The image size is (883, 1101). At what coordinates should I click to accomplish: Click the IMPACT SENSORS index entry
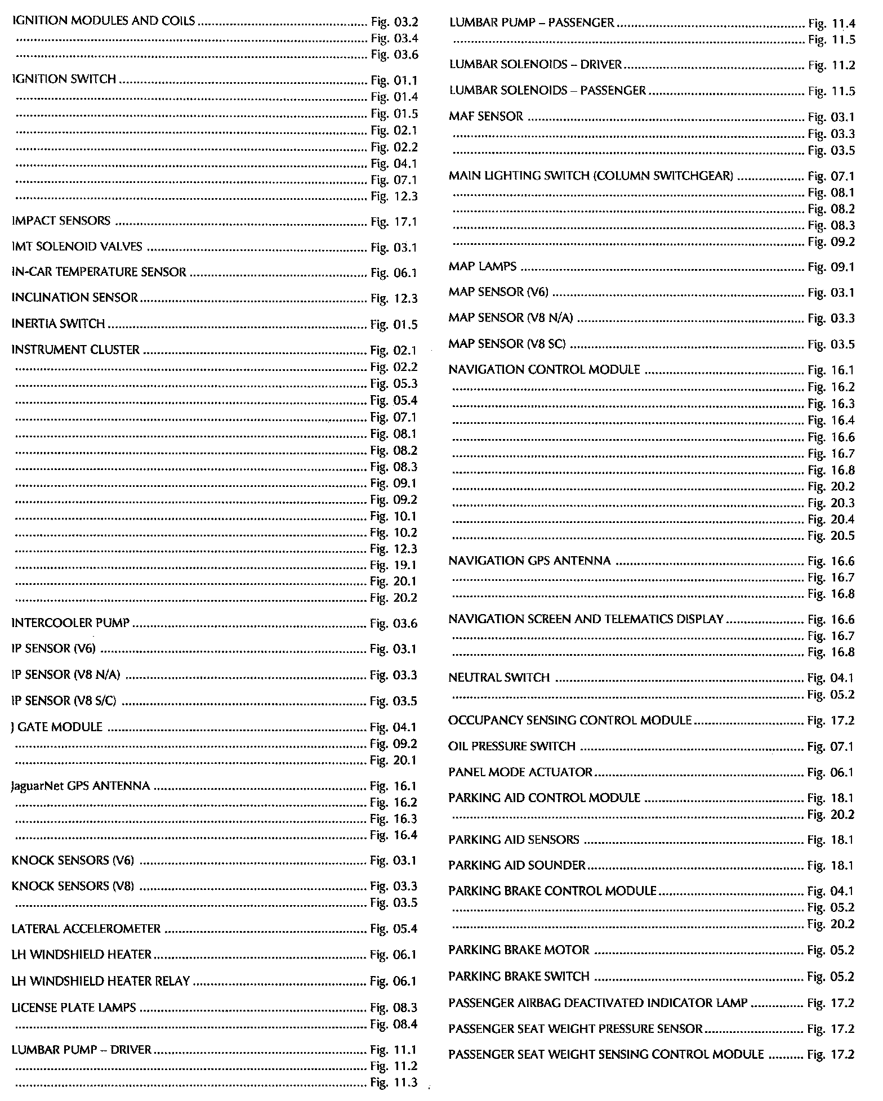(x=61, y=221)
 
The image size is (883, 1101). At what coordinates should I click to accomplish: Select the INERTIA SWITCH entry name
(x=58, y=324)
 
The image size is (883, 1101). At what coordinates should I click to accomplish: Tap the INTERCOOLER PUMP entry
(x=70, y=623)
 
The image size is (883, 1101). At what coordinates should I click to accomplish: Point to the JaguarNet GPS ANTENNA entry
(x=81, y=786)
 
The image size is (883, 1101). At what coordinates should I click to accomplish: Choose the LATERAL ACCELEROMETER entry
(x=86, y=929)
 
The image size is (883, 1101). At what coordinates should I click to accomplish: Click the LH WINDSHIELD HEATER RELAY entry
(x=101, y=981)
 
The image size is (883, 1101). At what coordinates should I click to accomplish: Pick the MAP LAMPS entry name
(x=482, y=266)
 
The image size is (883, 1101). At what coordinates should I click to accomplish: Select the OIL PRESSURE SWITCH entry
(x=511, y=746)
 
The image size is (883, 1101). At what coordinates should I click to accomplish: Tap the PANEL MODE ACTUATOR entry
(x=520, y=772)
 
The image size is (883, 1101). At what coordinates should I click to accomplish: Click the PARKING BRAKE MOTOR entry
(x=518, y=950)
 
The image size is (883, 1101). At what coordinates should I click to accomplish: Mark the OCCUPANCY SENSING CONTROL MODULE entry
(x=569, y=720)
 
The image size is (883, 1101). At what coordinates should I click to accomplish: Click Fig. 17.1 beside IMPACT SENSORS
(x=394, y=222)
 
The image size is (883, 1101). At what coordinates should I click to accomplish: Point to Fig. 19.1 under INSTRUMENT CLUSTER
(x=394, y=565)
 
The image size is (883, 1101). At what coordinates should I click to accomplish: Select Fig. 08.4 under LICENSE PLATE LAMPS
(x=394, y=1024)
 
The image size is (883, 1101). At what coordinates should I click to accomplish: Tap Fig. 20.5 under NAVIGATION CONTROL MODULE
(x=831, y=536)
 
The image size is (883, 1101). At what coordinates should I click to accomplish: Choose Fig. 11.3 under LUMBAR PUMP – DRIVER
(x=394, y=1082)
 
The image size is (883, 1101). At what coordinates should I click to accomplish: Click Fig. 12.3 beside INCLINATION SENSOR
(x=394, y=298)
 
